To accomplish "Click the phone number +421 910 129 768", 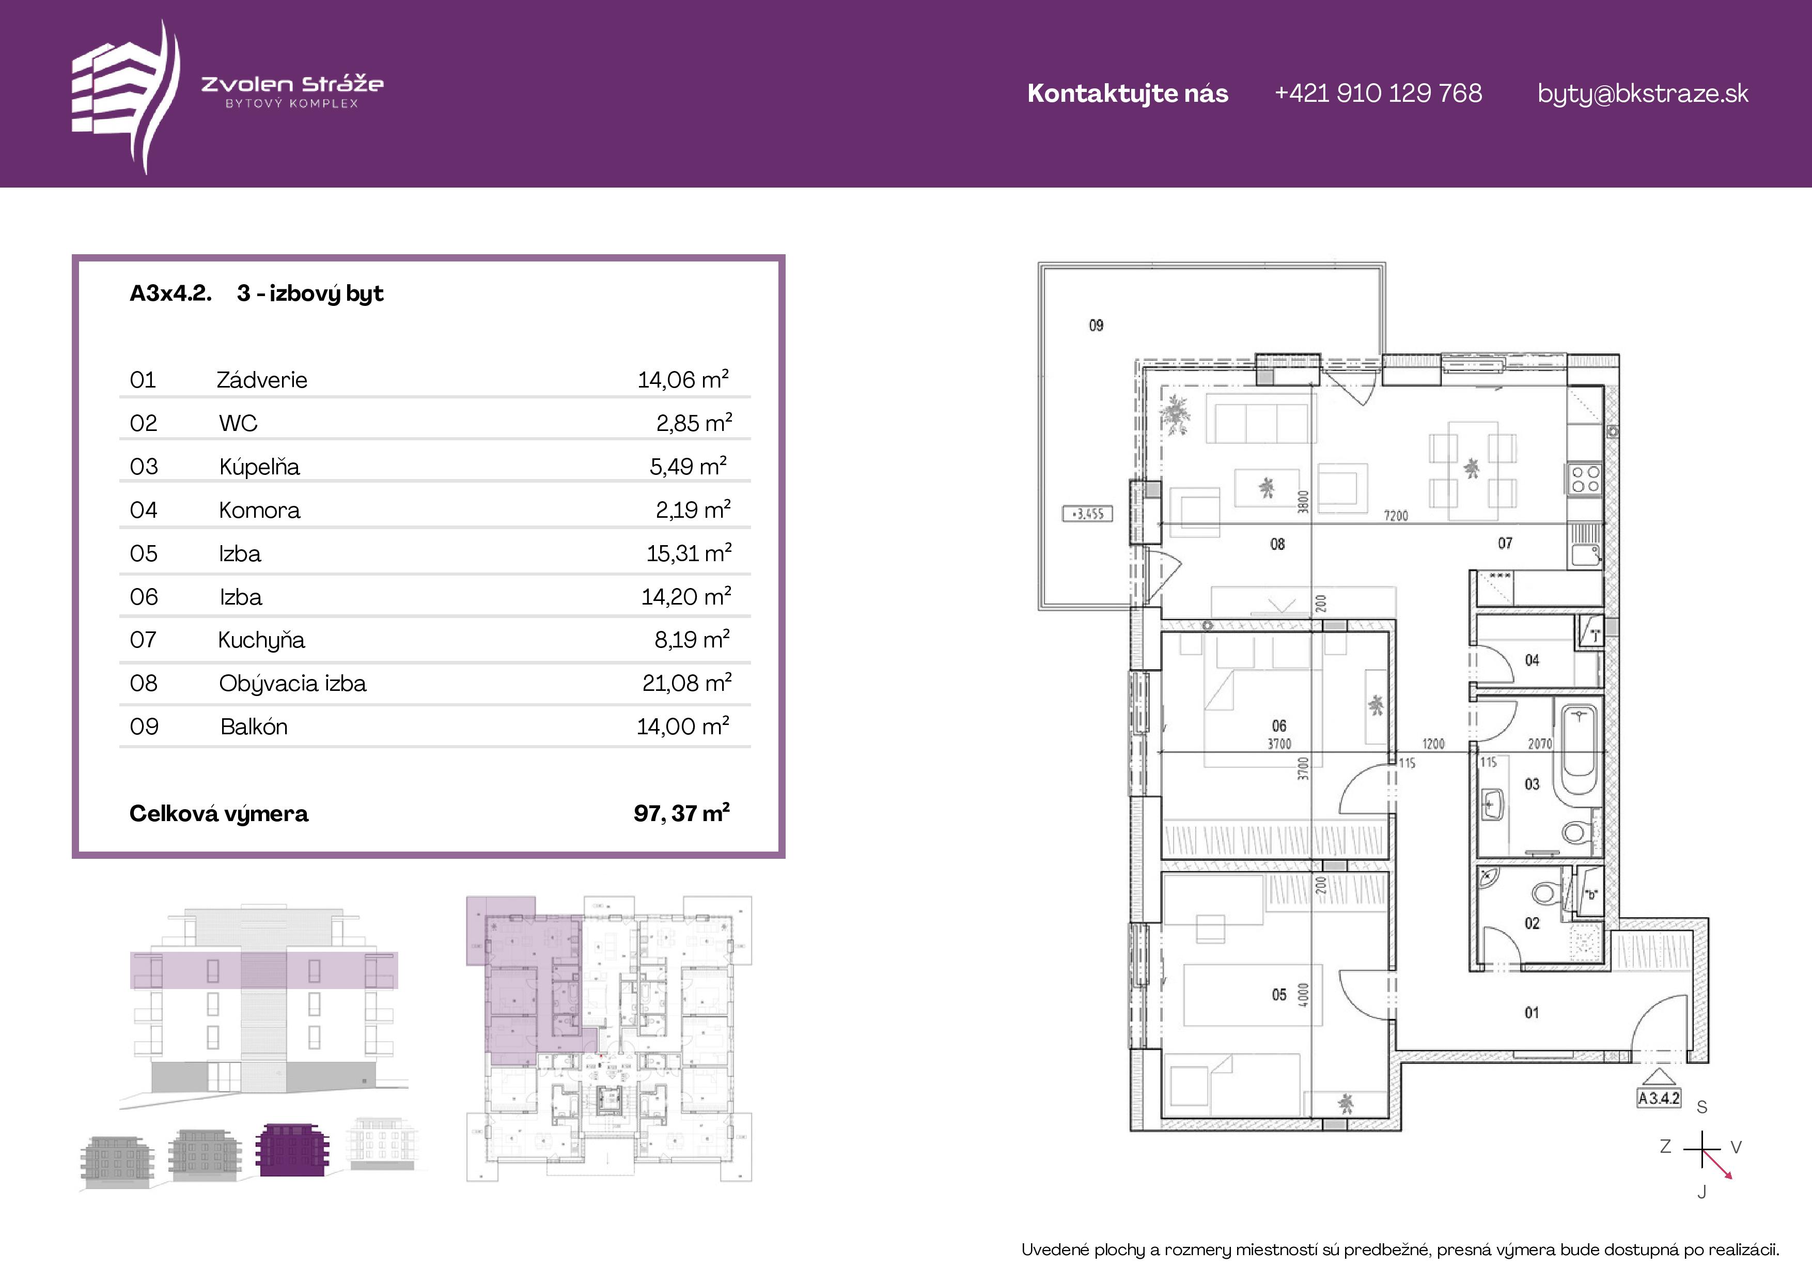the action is [x=1378, y=93].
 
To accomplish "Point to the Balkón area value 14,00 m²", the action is [x=683, y=725].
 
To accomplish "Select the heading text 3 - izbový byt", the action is [x=310, y=293].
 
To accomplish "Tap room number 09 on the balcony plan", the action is [x=1096, y=325].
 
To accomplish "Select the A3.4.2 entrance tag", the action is [x=1659, y=1098].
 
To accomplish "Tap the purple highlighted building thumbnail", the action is [x=291, y=1150].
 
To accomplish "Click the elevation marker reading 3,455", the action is [x=1088, y=514].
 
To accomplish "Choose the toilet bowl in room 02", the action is [x=1544, y=893].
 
